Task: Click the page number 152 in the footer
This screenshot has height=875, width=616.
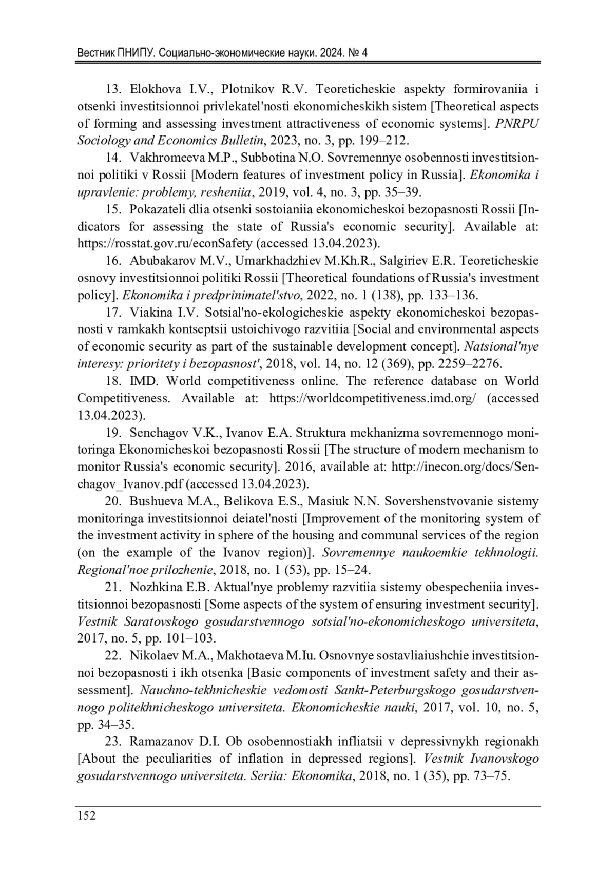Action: (x=86, y=815)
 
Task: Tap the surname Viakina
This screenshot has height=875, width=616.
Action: (x=152, y=312)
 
